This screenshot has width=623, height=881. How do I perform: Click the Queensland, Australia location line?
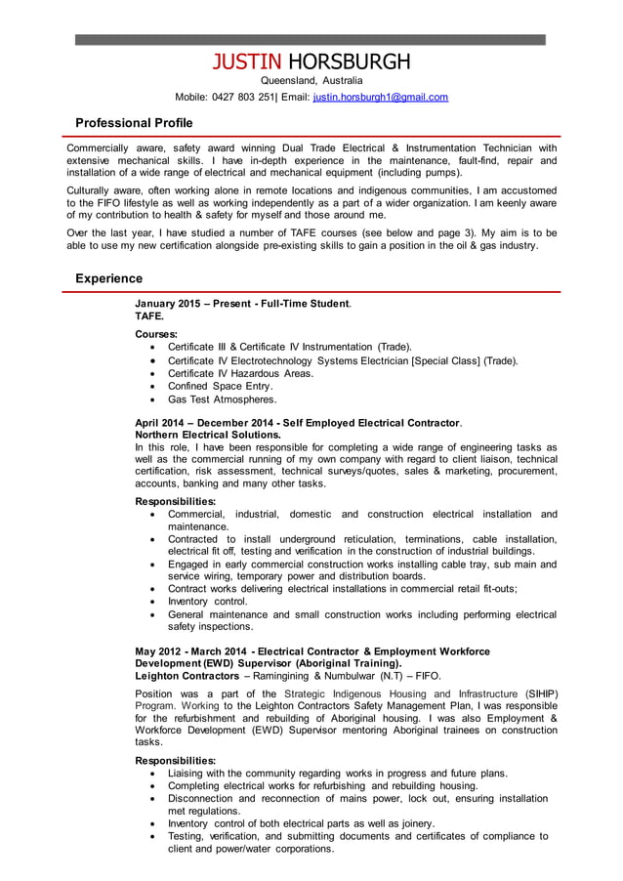[311, 80]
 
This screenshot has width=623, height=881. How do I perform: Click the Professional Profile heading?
[134, 123]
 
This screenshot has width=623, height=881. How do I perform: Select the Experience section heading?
[108, 278]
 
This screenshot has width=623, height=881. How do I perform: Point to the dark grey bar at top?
[311, 40]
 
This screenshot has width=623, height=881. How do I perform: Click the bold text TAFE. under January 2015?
[149, 316]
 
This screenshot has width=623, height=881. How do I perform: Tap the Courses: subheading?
[156, 334]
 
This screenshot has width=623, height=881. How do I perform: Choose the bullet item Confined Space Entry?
[220, 386]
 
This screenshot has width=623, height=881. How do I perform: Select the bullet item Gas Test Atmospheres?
[222, 399]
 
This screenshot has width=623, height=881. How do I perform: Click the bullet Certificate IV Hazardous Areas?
[240, 373]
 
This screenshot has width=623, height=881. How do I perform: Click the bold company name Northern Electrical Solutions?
[208, 435]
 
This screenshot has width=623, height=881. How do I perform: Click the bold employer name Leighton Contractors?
[187, 676]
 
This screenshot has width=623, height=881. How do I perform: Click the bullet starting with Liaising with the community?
[337, 773]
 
